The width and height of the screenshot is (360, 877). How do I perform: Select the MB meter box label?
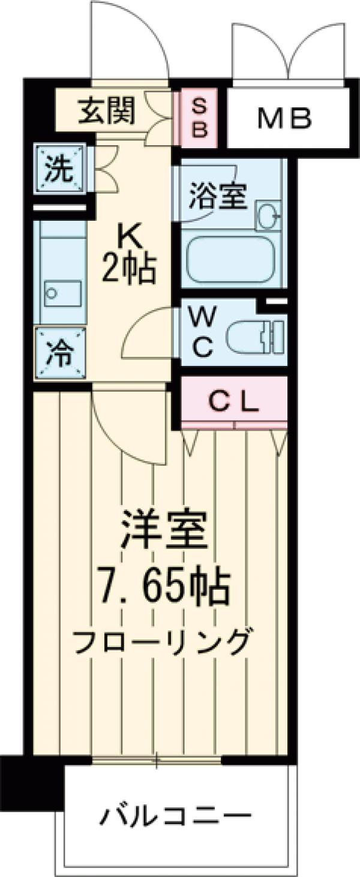click(284, 118)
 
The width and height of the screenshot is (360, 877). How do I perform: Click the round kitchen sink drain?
click(53, 293)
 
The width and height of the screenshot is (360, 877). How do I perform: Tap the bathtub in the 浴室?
click(229, 261)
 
